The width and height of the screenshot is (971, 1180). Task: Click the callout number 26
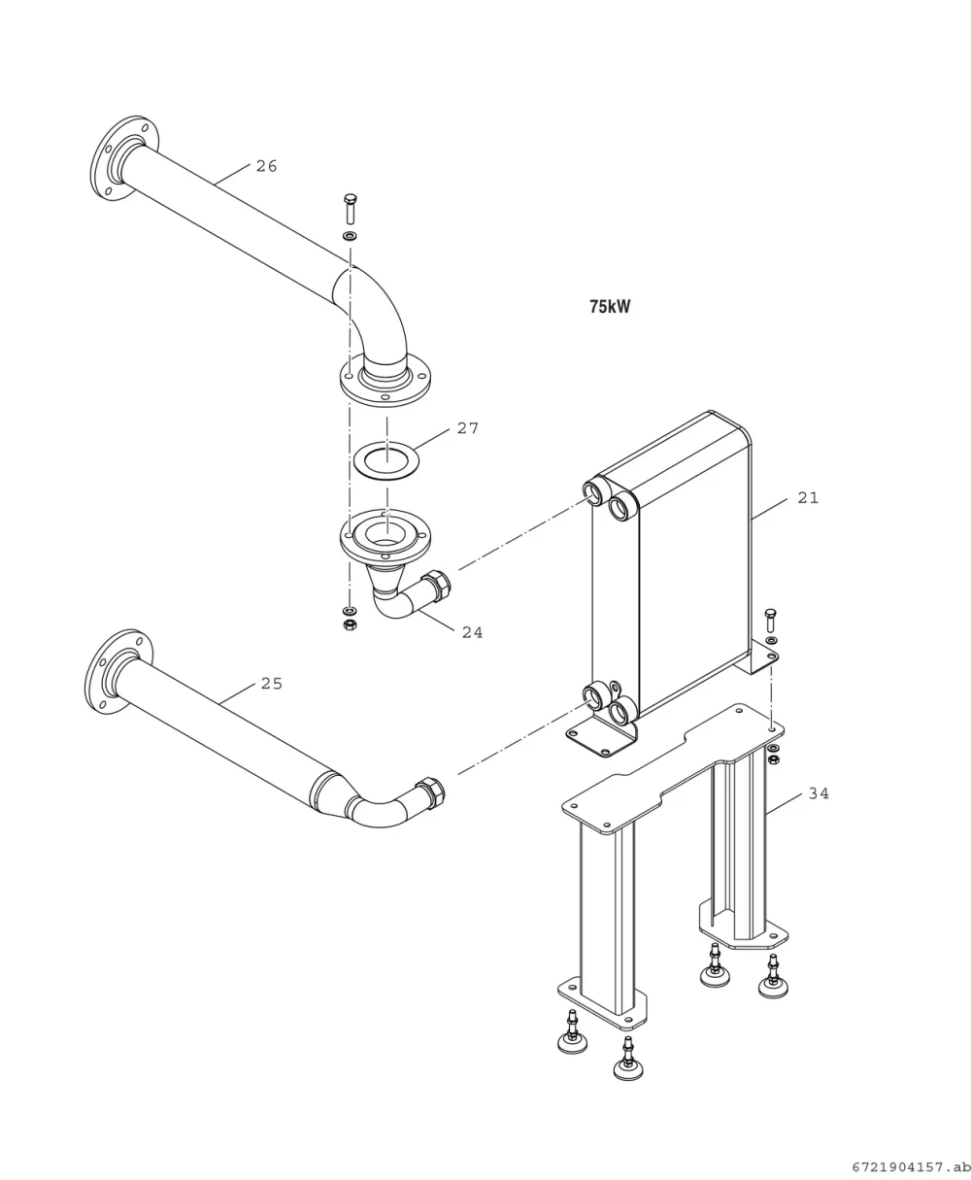tap(267, 166)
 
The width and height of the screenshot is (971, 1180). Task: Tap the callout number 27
tap(468, 428)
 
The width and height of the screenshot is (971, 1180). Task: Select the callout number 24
tap(472, 632)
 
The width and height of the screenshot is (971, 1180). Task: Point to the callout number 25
tap(272, 683)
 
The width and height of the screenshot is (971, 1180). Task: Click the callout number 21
tap(808, 497)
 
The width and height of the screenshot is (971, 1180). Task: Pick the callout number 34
tap(819, 793)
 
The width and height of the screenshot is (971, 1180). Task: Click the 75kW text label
tap(610, 307)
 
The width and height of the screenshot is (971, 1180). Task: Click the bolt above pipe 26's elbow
tap(351, 209)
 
